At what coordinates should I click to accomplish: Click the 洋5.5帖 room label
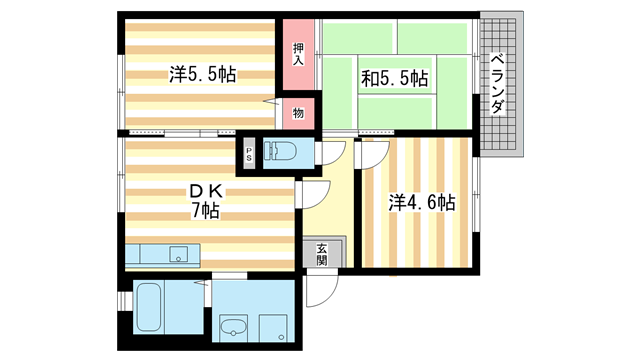tap(202, 74)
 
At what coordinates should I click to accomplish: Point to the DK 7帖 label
tap(205, 200)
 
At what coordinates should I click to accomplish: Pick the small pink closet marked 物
tap(298, 113)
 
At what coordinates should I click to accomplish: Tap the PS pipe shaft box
tap(250, 154)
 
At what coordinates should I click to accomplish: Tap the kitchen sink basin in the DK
tap(180, 253)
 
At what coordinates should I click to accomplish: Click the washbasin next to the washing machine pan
tap(233, 324)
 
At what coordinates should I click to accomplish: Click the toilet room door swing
tap(332, 153)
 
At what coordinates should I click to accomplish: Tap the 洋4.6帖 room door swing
tap(368, 153)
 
